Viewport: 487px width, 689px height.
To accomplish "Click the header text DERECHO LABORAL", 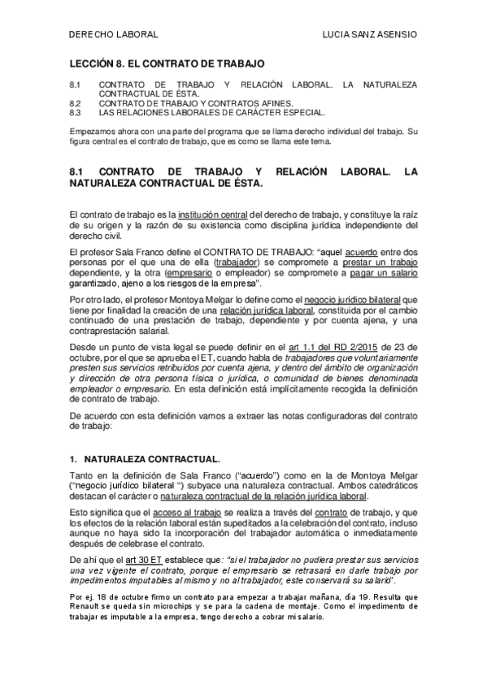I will coord(111,35).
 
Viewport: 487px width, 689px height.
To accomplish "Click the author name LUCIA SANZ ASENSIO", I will coord(370,35).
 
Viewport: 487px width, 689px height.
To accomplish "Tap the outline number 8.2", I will coord(76,104).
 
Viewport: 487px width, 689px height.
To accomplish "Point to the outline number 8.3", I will coord(76,112).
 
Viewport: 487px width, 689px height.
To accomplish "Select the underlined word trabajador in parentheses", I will coord(241,263).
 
